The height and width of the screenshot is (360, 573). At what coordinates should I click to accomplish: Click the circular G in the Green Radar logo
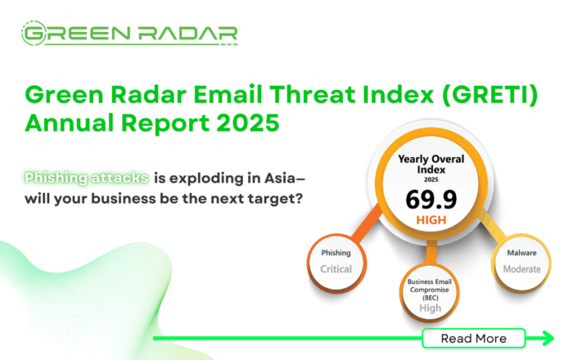[x=34, y=34]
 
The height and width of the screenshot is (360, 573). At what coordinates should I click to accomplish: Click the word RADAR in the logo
[x=187, y=34]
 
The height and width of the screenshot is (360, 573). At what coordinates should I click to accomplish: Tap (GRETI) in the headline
[x=490, y=95]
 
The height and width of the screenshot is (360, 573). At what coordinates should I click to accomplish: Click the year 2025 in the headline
[x=247, y=123]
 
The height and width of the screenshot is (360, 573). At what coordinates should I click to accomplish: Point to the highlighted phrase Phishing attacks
[x=86, y=178]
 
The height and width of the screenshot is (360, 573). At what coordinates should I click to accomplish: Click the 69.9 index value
[x=431, y=200]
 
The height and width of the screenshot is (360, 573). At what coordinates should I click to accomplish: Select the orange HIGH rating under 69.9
[x=431, y=220]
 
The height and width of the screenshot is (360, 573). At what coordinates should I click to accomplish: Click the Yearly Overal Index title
[x=431, y=164]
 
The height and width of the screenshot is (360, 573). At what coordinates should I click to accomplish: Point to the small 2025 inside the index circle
[x=431, y=180]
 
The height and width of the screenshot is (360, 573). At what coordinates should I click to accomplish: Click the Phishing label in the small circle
[x=336, y=253]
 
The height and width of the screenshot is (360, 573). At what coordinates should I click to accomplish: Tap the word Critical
[x=336, y=269]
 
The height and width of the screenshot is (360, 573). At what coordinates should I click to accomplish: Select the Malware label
[x=522, y=253]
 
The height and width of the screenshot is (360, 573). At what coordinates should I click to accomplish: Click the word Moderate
[x=522, y=269]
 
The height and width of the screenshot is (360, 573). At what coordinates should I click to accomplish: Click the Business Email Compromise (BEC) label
[x=430, y=290]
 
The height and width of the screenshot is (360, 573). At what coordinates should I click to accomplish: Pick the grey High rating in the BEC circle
[x=430, y=308]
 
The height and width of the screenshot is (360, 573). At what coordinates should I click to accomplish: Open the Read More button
[x=474, y=339]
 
